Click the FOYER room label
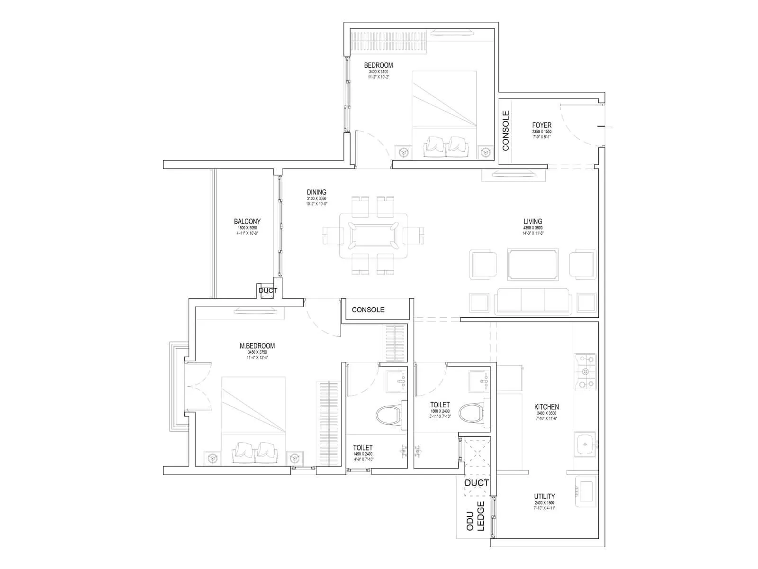(x=541, y=125)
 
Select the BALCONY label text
(x=247, y=221)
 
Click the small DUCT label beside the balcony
(x=268, y=291)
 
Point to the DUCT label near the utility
(x=477, y=483)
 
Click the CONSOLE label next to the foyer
(x=506, y=131)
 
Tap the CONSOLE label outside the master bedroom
(x=368, y=310)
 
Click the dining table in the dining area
(x=373, y=235)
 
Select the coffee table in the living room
(x=533, y=264)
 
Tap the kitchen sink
(x=586, y=444)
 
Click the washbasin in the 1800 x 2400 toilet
(x=479, y=381)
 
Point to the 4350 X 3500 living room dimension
(x=533, y=228)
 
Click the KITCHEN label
(x=546, y=407)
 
